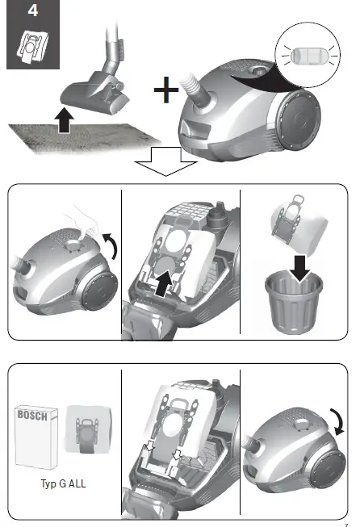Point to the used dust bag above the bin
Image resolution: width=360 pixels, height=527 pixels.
pos(300,219)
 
